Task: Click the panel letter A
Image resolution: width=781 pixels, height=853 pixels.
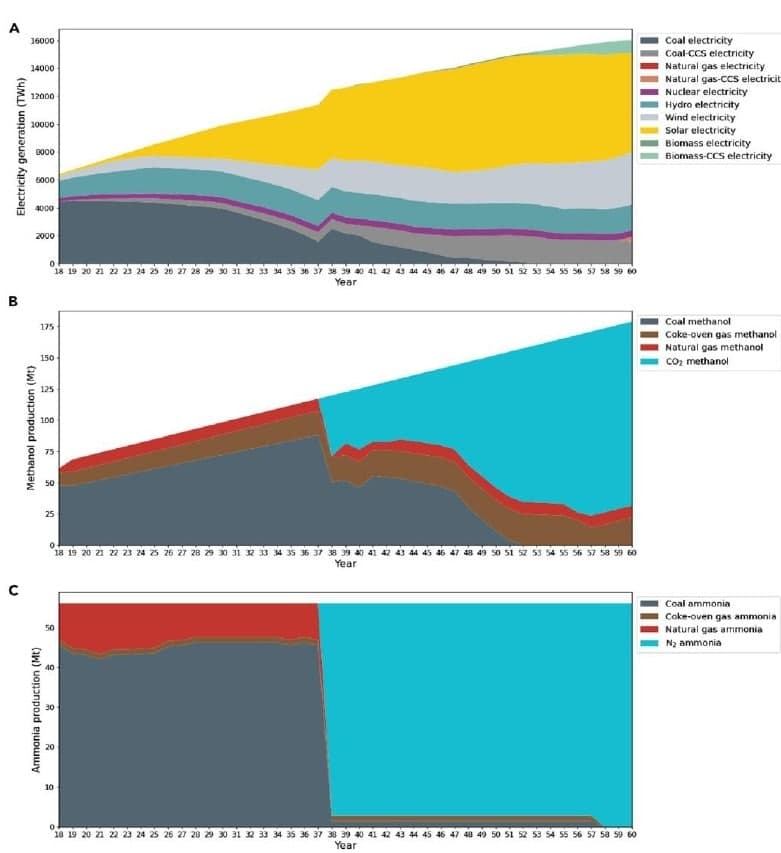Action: (x=14, y=28)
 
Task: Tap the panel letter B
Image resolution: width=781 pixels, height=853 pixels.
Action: (x=14, y=300)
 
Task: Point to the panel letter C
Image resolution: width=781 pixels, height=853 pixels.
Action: (x=14, y=589)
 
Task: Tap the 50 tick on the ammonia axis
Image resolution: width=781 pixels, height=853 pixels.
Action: (x=47, y=628)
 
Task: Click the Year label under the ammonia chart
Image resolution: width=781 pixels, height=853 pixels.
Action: (x=345, y=846)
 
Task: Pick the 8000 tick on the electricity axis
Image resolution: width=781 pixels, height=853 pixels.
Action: (x=42, y=152)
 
